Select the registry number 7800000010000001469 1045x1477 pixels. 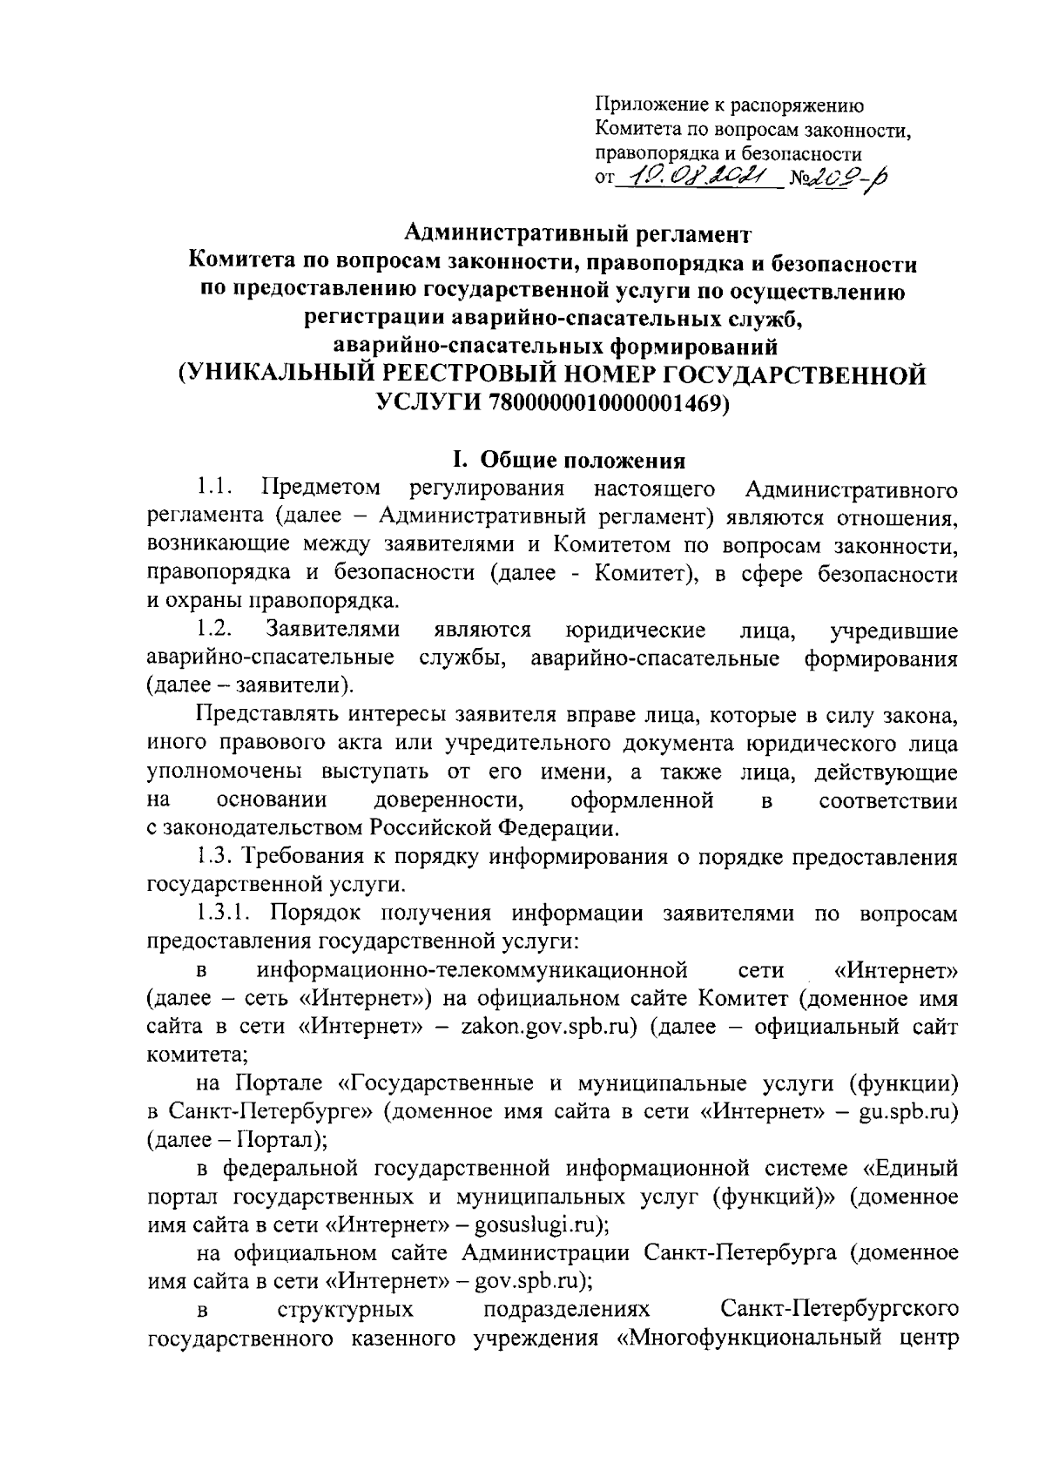coord(609,403)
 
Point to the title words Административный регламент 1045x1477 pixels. coord(577,233)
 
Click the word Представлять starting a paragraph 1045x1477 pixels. coord(266,715)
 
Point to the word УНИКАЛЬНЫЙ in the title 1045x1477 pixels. coord(276,375)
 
